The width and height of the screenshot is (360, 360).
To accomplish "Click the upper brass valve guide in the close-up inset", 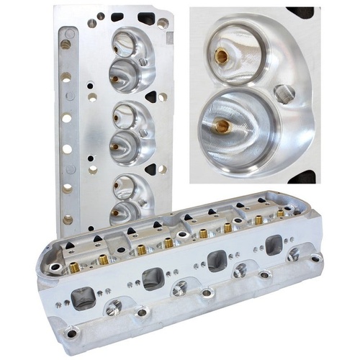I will pyautogui.click(x=219, y=55).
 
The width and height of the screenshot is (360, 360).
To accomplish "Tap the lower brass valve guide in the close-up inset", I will pyautogui.click(x=223, y=127).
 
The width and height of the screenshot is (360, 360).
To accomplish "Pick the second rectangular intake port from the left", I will pyautogui.click(x=153, y=277).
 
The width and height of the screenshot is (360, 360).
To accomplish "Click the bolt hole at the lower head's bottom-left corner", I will pyautogui.click(x=71, y=333).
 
